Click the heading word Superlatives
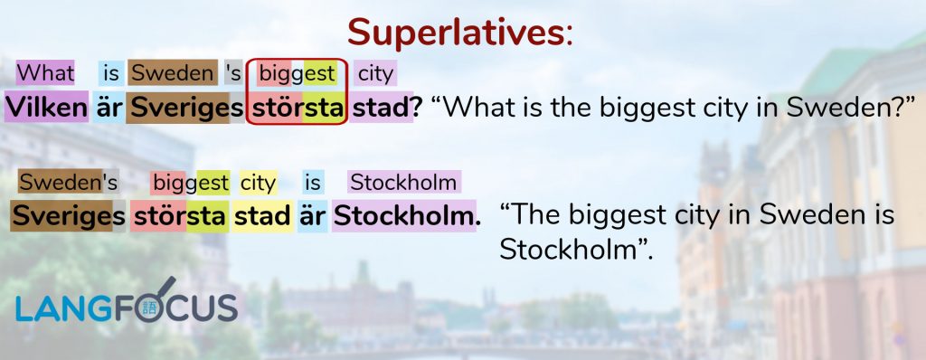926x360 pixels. pos(456,33)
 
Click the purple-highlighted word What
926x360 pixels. pos(45,73)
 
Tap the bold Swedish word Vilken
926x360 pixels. pos(46,107)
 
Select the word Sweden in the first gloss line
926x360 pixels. pos(173,73)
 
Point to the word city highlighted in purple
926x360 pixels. pos(375,74)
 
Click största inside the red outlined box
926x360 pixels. pos(297,109)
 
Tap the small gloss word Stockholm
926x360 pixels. pos(403,183)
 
